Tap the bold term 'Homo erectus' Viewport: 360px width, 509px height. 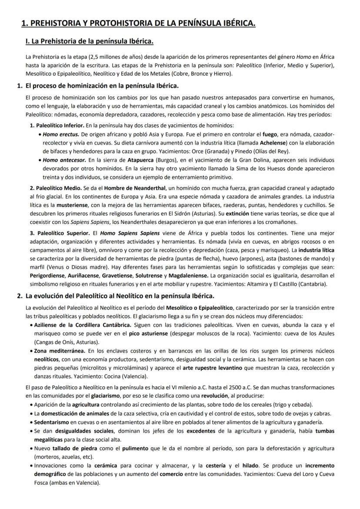(x=61, y=135)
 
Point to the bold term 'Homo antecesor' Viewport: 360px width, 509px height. (x=63, y=160)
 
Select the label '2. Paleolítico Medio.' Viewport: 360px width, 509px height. (x=54, y=188)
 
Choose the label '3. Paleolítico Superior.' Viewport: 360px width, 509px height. (x=59, y=233)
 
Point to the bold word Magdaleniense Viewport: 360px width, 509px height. (x=188, y=276)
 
